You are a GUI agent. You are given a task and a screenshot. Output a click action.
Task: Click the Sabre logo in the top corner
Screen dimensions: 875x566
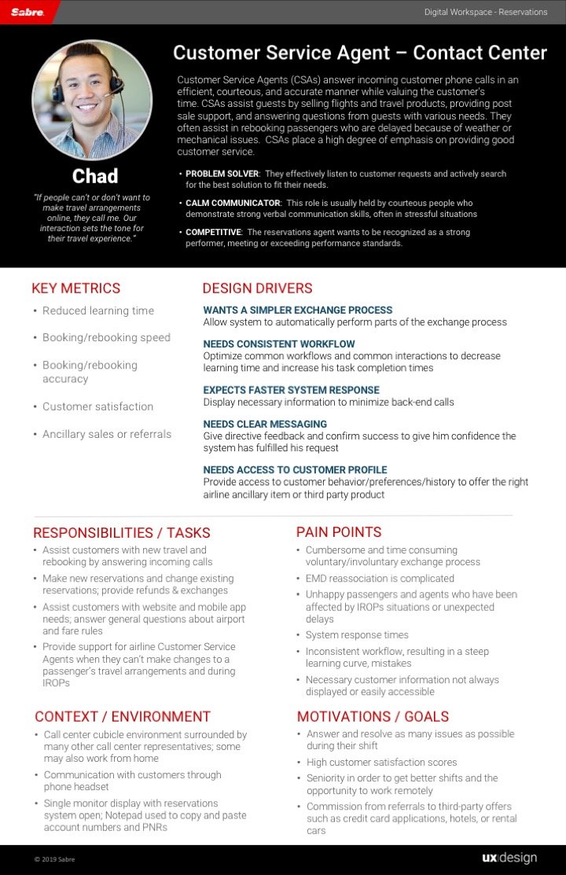click(28, 13)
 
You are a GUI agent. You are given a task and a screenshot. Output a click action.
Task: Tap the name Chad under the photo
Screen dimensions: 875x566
click(94, 175)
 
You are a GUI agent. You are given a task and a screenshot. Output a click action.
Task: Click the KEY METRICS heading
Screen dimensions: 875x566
click(76, 289)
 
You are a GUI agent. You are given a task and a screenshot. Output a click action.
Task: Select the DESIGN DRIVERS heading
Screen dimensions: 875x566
click(257, 289)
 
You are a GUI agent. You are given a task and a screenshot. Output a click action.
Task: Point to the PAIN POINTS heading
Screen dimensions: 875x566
click(339, 532)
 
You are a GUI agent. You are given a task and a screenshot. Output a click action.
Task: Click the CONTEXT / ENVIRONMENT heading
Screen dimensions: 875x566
click(123, 716)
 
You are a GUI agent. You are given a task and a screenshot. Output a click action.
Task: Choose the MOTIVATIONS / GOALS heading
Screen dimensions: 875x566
click(373, 716)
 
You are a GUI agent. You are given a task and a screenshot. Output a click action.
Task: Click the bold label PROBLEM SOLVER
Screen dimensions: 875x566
click(222, 174)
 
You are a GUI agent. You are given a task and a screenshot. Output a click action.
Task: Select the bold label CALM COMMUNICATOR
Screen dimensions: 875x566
click(233, 203)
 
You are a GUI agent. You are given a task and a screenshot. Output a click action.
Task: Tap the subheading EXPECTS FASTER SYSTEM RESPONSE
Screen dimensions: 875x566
click(291, 390)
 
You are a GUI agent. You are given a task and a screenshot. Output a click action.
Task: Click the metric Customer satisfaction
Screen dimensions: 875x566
click(97, 406)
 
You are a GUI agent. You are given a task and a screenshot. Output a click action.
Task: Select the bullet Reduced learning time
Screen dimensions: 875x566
click(97, 311)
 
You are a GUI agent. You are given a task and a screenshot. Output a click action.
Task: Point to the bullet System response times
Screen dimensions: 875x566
click(357, 634)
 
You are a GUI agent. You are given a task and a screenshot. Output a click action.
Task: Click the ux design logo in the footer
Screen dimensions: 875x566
click(509, 858)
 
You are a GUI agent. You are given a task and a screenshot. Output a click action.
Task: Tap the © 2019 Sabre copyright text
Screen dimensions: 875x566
click(54, 859)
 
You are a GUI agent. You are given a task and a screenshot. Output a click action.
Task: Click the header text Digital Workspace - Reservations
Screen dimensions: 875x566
click(485, 12)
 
